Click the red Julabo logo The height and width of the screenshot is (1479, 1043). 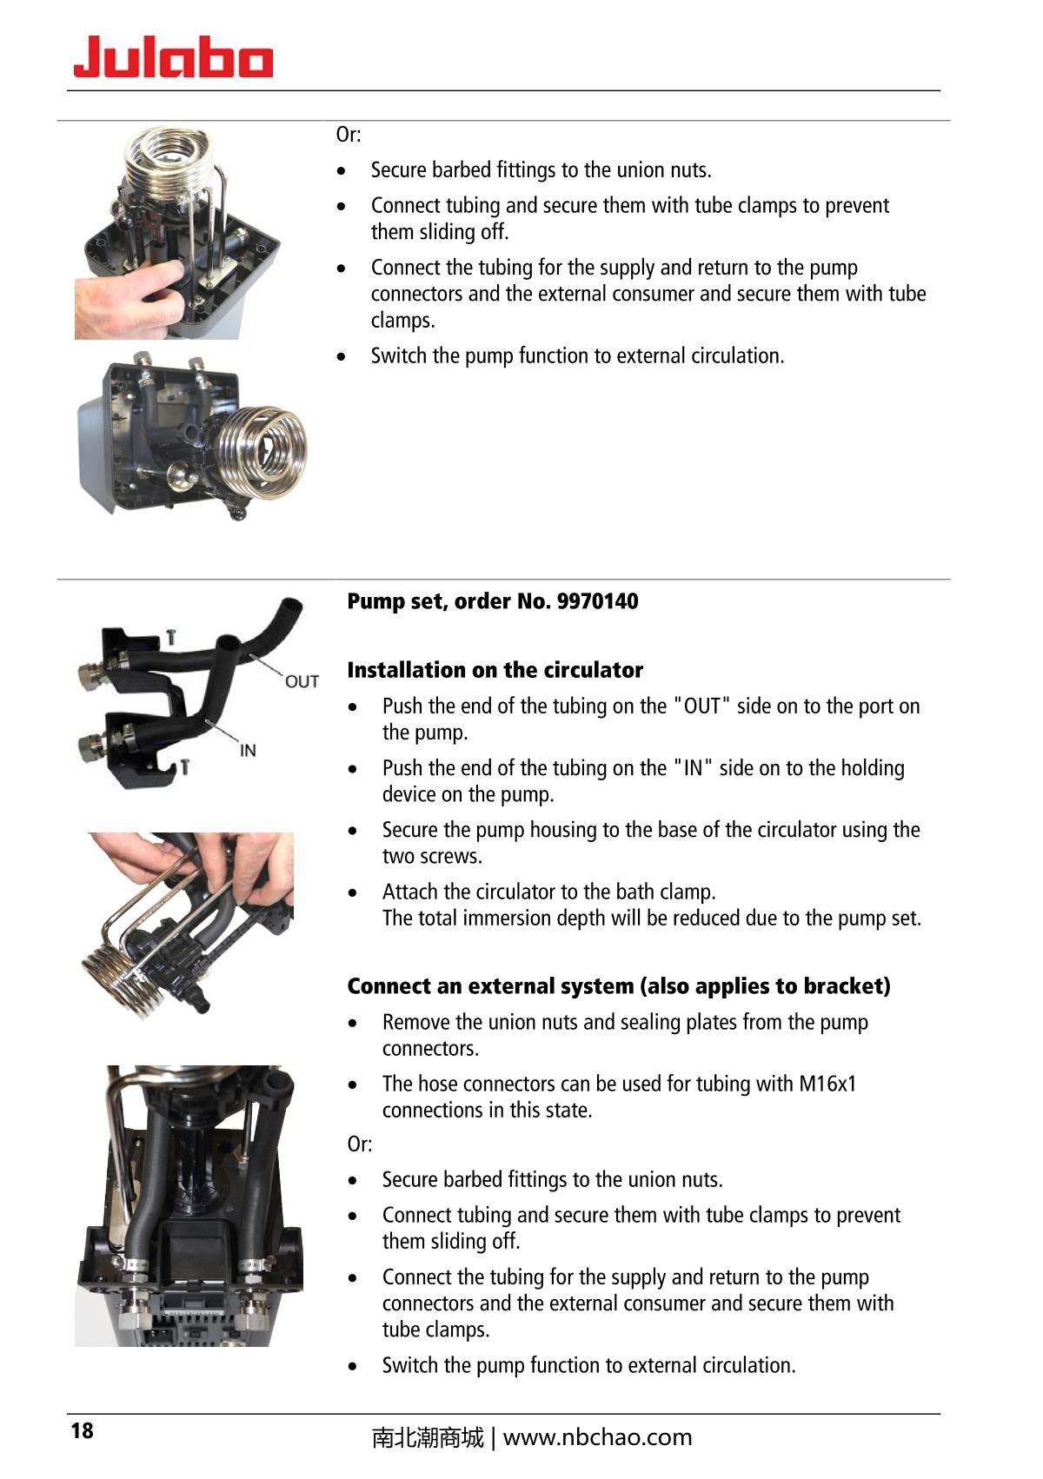[x=173, y=57]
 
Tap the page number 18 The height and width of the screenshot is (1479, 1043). [x=82, y=1430]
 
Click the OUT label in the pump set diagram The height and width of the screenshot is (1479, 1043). [x=302, y=681]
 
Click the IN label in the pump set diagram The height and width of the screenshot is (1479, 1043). [x=248, y=750]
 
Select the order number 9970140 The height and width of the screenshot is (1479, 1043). [x=597, y=601]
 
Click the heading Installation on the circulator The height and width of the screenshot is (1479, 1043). [x=495, y=670]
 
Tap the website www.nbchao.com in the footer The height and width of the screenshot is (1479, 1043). [x=597, y=1437]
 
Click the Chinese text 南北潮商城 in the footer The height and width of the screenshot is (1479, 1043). [x=427, y=1438]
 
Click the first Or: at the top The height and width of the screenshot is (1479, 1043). [x=349, y=135]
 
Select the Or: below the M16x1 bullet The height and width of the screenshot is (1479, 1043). [x=360, y=1144]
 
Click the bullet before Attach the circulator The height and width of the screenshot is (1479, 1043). [x=353, y=892]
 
